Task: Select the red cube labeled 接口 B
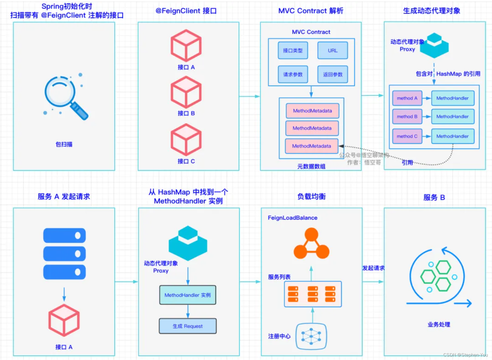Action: click(x=186, y=92)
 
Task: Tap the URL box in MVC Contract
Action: click(x=332, y=51)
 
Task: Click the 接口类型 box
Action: click(x=293, y=51)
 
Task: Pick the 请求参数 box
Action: click(x=293, y=74)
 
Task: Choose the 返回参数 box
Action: click(x=332, y=74)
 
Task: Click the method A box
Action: click(x=407, y=98)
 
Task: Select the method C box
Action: click(x=407, y=136)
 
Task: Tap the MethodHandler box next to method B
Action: click(x=452, y=117)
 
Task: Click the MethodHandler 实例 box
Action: click(x=188, y=295)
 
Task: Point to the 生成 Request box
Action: click(x=188, y=326)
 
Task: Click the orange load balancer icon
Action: click(x=311, y=244)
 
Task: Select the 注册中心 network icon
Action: click(x=311, y=336)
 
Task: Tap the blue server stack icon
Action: click(x=64, y=254)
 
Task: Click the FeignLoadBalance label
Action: click(x=292, y=218)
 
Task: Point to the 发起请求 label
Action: click(x=373, y=268)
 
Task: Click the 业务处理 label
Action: click(x=439, y=325)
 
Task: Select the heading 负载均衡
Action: click(x=311, y=196)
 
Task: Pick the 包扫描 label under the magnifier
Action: click(x=64, y=144)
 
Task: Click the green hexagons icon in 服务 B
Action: click(x=437, y=276)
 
